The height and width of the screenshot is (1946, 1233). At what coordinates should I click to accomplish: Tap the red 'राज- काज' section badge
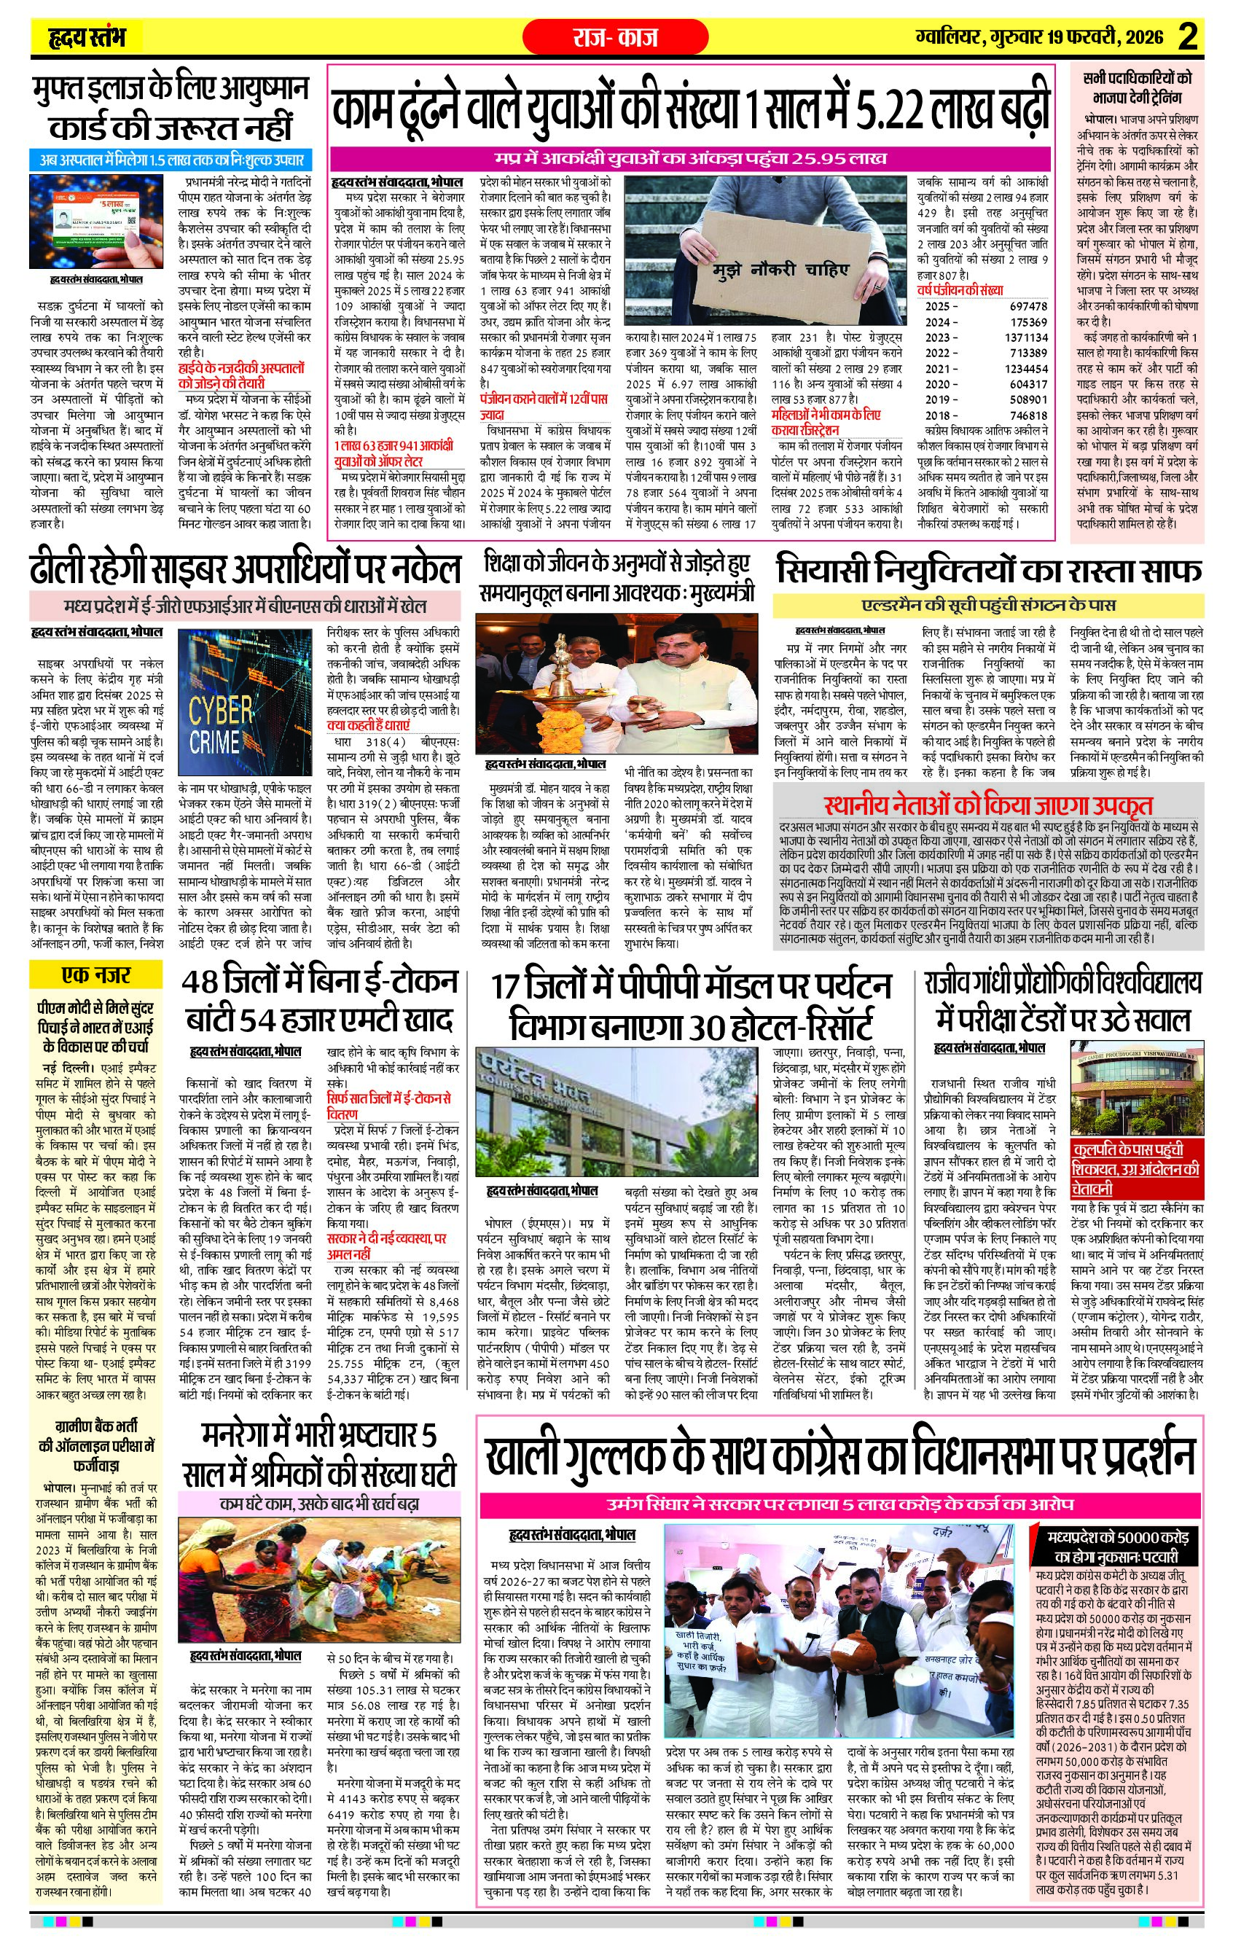pos(615,37)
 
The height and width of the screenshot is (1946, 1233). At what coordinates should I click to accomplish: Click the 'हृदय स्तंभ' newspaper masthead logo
pos(87,37)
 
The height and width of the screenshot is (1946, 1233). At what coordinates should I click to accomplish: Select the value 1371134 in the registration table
pos(1025,337)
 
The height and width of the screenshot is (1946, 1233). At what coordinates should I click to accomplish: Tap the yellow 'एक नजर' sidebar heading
pos(95,974)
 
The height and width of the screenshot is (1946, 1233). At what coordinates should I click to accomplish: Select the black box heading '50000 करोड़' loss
pos(1116,1546)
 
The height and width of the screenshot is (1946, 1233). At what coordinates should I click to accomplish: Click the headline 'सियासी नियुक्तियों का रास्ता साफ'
pos(987,571)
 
